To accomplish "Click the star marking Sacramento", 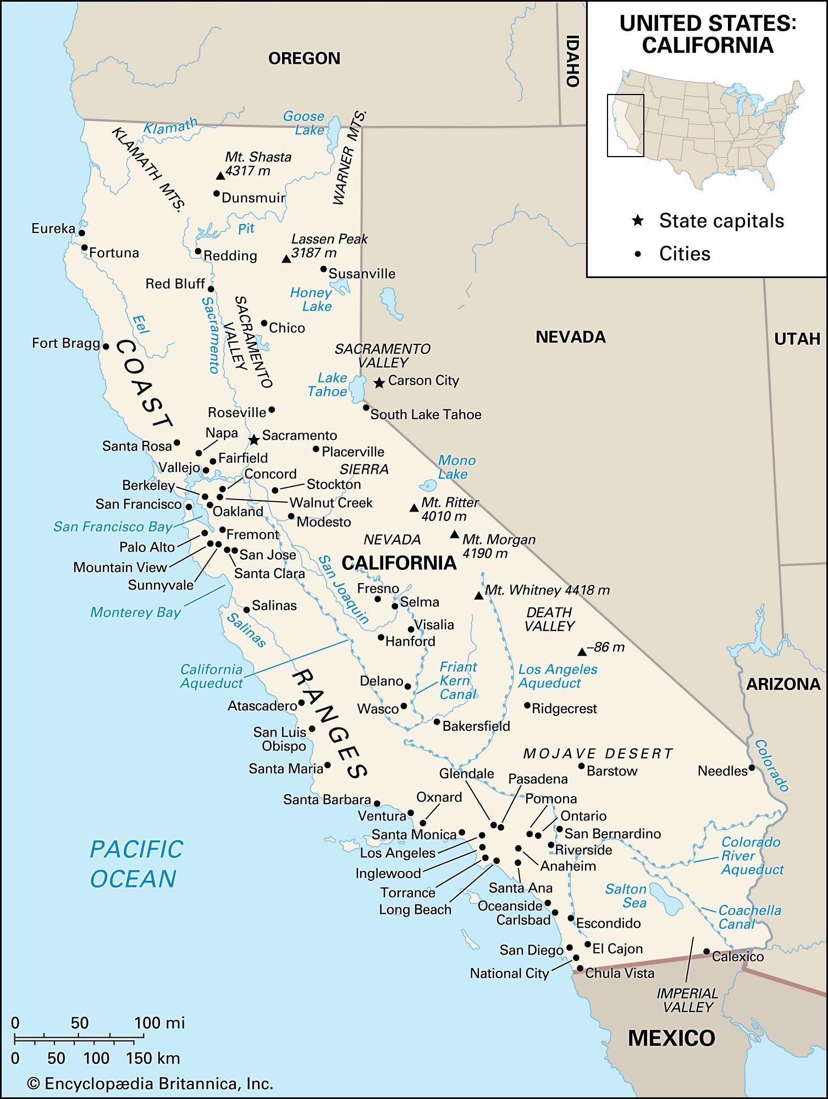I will coord(253,440).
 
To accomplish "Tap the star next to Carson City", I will coord(379,382).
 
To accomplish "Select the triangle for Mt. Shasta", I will coord(220,176).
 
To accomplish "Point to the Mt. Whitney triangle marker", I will coord(479,595).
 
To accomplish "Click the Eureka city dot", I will coord(82,232).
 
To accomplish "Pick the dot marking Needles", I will coord(752,768).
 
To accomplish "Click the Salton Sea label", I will coord(626,896).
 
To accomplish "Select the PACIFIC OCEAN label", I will coord(135,864).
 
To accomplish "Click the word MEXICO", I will coord(671,1037).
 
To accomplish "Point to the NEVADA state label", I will coord(571,337).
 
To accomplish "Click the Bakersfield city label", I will coord(476,726).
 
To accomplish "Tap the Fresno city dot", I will coord(378,599).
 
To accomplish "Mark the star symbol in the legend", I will coord(638,221).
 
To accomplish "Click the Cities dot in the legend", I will coord(638,254).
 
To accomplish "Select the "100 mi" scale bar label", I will coord(160,1023).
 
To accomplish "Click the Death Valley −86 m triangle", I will coord(582,652).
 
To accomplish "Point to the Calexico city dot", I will coord(706,951).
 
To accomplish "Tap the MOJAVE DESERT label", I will coord(598,753).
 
